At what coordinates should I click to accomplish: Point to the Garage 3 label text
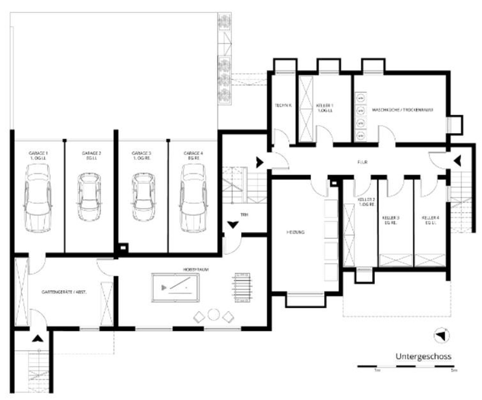pos(141,155)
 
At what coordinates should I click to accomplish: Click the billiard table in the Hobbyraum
pos(175,288)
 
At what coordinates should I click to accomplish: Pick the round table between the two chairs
pos(214,314)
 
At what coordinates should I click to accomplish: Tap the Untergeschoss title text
pos(423,356)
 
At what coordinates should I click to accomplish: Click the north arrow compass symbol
pos(441,335)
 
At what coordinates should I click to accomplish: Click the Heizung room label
pos(296,232)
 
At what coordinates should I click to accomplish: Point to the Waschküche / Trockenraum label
pos(402,110)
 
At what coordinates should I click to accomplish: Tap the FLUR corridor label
pos(362,162)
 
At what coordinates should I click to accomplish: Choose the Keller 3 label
pos(390,220)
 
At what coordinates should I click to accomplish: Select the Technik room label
pos(283,106)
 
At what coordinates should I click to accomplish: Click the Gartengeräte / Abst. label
pos(64,292)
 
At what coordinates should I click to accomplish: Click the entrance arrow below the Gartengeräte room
pos(37,338)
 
